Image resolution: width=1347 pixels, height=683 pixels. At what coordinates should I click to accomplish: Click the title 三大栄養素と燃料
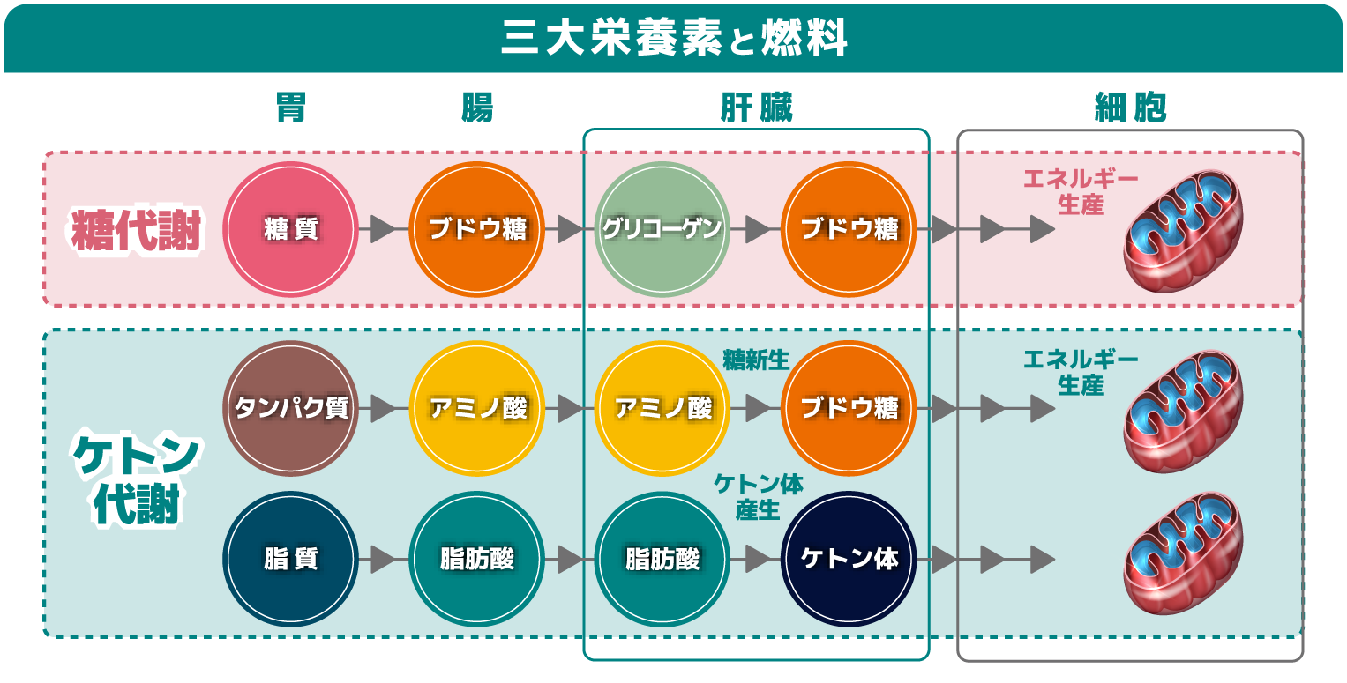pos(674,38)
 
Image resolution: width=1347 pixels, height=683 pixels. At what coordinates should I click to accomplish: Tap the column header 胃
pos(290,108)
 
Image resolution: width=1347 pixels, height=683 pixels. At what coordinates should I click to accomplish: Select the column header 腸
pos(477,108)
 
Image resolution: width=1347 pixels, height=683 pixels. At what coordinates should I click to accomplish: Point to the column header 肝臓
pos(756,108)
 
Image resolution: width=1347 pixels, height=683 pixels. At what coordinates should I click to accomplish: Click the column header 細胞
pos(1130,108)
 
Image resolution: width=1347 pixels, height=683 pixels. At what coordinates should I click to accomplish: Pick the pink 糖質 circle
pos(290,229)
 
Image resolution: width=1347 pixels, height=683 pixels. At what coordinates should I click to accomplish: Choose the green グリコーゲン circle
pos(662,229)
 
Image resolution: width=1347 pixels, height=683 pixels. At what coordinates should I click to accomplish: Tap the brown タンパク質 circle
pos(290,409)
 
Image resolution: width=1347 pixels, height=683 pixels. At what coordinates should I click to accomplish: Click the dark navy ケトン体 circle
pos(849,559)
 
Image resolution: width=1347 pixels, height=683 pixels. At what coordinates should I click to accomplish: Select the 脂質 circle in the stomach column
pos(290,559)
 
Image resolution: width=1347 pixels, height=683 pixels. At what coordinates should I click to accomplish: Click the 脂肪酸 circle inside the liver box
pos(662,559)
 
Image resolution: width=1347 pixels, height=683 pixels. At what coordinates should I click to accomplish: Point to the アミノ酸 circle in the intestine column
pos(477,409)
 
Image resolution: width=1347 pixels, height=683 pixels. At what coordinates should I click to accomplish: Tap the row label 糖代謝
pos(137,231)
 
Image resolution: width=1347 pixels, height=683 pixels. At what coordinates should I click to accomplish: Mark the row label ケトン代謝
pos(137,480)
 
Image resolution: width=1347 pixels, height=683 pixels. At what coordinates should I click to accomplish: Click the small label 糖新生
pos(756,359)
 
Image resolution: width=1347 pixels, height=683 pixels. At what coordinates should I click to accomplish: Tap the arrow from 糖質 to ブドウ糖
pos(382,229)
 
